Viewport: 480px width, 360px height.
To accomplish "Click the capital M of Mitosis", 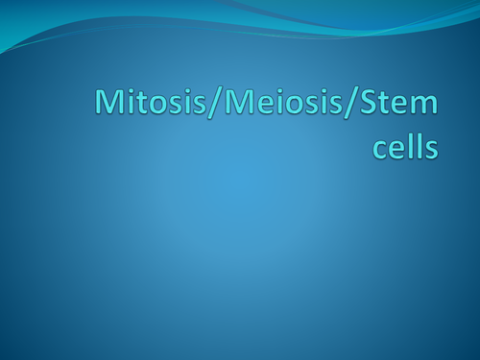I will pos(107,104).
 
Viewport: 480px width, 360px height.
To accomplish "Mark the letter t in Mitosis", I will pos(132,105).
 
